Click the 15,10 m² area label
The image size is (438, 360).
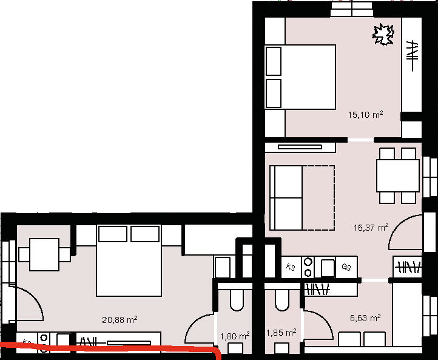coord(365,115)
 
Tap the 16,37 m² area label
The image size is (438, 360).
coord(371,227)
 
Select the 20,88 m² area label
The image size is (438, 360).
coord(120,319)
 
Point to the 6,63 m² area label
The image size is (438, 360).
coord(365,318)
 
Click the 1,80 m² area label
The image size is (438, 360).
coord(235,336)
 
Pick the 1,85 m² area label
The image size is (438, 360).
coord(281,333)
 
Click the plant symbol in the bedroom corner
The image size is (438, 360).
coord(383,35)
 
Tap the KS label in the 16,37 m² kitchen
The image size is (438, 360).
coord(291,267)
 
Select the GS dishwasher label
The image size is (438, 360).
coord(346,267)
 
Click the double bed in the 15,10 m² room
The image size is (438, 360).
coord(300,77)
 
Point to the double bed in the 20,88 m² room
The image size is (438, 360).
coord(129,260)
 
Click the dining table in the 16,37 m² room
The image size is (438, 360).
coord(398,175)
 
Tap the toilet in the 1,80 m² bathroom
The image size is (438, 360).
coord(237,300)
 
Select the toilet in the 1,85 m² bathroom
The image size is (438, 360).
coord(282,300)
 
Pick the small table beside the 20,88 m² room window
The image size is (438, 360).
coord(44,254)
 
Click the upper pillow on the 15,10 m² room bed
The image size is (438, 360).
coord(274,61)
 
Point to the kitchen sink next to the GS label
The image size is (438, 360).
coord(328,268)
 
